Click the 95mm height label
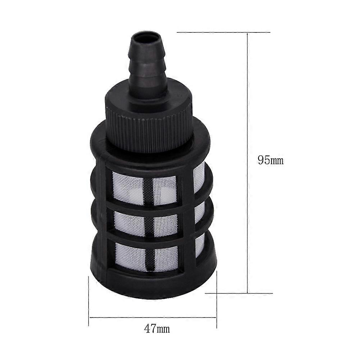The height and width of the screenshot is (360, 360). (x=270, y=160)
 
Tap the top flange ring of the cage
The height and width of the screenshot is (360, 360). (x=151, y=151)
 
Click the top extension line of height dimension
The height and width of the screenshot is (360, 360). (x=223, y=33)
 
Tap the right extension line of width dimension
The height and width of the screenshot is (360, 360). (x=217, y=306)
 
